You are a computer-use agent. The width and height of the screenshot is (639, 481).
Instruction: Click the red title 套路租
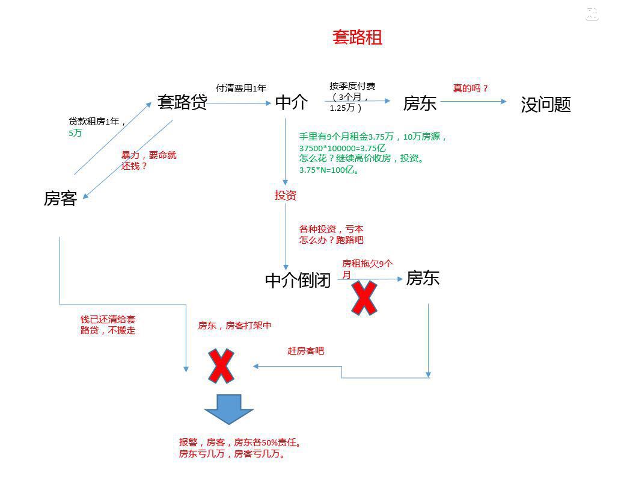(357, 38)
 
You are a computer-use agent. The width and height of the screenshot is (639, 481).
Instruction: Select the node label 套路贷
(182, 102)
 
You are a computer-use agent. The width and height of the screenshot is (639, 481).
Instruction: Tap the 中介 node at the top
(292, 103)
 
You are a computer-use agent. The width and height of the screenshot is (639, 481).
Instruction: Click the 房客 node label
(60, 198)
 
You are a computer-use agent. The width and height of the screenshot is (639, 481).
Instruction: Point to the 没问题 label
(545, 105)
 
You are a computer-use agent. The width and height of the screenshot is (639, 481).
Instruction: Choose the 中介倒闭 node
(298, 281)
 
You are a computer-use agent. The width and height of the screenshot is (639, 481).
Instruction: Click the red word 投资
(286, 196)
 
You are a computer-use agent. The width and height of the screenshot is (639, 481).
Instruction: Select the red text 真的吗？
(470, 88)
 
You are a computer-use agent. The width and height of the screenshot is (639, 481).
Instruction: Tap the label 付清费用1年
(240, 88)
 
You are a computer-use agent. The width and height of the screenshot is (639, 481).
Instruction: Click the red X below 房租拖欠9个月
(364, 297)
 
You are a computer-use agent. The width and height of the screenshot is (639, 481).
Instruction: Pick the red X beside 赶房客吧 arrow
(221, 365)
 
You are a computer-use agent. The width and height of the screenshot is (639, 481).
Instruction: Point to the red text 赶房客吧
(305, 350)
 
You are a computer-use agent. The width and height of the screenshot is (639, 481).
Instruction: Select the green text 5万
(75, 133)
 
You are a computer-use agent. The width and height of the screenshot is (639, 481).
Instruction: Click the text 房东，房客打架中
(234, 326)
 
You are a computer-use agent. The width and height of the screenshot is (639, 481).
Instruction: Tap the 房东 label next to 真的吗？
(420, 104)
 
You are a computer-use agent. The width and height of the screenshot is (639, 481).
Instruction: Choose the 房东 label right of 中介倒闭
(423, 278)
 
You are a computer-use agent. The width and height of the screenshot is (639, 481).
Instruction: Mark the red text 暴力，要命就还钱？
(148, 161)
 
